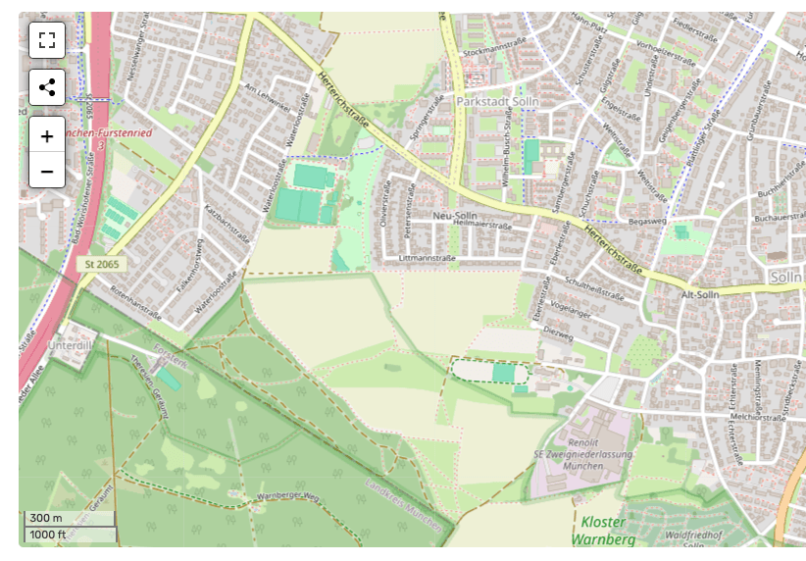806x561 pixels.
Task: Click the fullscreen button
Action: pos(47,40)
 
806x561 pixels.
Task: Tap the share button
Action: pos(47,87)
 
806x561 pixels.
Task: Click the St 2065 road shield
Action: pos(101,265)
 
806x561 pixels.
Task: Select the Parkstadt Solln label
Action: pos(500,102)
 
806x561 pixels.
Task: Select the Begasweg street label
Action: pos(647,223)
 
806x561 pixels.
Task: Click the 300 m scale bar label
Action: pos(46,518)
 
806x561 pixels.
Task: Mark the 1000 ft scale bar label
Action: pos(49,535)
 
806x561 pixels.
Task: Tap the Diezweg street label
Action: pos(557,331)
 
